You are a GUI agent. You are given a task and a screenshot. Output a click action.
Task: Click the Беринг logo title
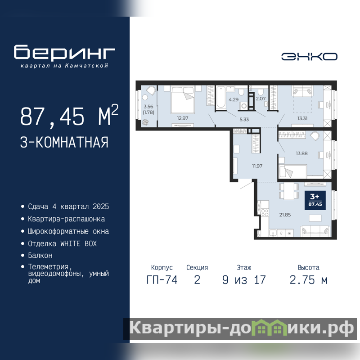(64, 52)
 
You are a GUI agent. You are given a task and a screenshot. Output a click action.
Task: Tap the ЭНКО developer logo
(309, 57)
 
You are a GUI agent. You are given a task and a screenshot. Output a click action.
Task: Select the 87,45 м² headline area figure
(69, 116)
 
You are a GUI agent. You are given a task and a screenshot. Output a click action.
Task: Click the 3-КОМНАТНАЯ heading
(64, 142)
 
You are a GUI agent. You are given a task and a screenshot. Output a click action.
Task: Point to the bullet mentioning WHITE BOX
(62, 243)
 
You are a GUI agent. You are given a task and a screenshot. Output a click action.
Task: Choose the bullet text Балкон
(40, 255)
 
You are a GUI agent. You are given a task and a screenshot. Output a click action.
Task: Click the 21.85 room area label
(285, 215)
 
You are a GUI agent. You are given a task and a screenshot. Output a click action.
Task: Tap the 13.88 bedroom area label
(301, 153)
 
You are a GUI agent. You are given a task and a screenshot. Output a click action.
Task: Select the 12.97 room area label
(183, 118)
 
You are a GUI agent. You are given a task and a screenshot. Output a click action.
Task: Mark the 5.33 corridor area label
(244, 119)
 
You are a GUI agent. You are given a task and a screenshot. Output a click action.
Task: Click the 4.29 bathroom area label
(234, 99)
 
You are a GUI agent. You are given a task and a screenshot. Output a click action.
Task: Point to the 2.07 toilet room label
(261, 99)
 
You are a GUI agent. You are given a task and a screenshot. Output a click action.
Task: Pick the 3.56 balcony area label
(148, 107)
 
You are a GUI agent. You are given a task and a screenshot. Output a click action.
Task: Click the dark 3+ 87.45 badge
(315, 200)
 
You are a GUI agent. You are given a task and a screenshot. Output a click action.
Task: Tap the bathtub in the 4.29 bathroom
(220, 97)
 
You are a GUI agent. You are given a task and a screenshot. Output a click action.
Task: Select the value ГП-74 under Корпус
(162, 280)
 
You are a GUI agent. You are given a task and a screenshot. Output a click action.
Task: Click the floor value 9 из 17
(244, 280)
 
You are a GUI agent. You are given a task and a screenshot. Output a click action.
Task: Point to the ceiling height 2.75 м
(308, 280)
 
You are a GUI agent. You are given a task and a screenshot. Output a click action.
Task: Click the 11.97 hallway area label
(257, 166)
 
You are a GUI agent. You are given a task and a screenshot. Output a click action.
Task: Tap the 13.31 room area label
(302, 118)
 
